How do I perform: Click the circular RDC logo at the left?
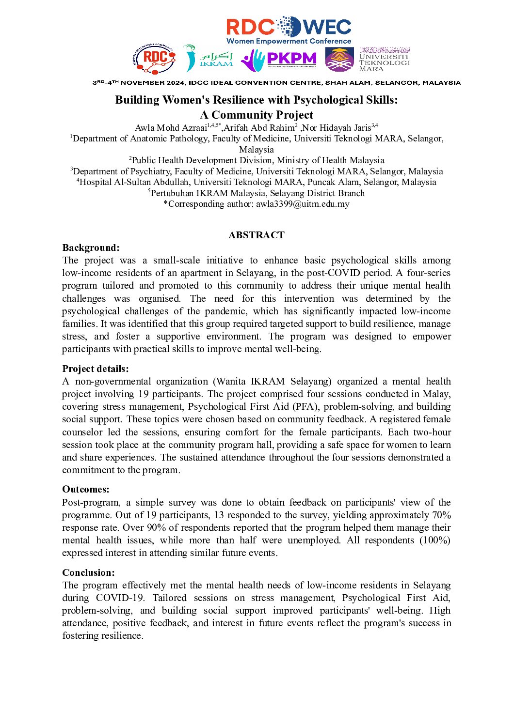154,59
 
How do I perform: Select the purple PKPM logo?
279,59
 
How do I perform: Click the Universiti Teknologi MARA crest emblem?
339,59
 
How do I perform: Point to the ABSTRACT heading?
257,235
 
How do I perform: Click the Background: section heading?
91,247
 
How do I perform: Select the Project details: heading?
96,369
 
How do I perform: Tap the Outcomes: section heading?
86,489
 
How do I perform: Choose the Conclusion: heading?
89,572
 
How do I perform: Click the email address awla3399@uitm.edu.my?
303,204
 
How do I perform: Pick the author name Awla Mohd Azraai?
171,128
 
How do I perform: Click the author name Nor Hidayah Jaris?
337,128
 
